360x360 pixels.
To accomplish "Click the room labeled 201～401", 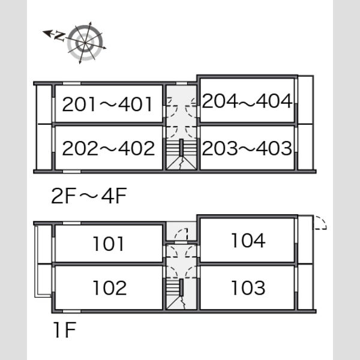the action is click(109, 104).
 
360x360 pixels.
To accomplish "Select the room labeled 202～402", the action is click(109, 148).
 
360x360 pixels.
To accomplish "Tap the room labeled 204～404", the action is click(247, 100).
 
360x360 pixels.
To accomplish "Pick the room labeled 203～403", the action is click(247, 148).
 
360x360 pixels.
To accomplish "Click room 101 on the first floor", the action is click(109, 244).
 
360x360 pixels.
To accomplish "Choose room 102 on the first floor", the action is click(109, 287).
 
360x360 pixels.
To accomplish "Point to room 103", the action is click(247, 287).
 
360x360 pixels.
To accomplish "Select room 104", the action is click(247, 240).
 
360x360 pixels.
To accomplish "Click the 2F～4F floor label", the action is click(89, 196).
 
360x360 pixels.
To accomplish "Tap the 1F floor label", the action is click(65, 329).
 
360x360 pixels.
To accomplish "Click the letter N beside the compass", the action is click(59, 37).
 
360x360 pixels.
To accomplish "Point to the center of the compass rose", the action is click(85, 43).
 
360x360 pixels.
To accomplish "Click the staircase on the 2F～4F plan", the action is click(181, 154).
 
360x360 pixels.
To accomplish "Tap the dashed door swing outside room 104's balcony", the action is click(320, 223).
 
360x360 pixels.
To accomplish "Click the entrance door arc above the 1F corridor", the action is click(181, 235).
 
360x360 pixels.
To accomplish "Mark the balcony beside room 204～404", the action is click(305, 100).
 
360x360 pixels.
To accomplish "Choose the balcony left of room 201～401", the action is click(44, 104).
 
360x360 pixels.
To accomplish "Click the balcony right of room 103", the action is click(305, 287).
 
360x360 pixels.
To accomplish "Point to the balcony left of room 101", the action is click(44, 244).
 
